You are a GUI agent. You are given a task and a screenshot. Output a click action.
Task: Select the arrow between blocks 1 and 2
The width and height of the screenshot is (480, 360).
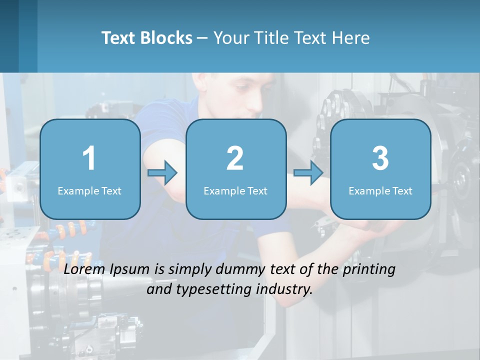click(163, 173)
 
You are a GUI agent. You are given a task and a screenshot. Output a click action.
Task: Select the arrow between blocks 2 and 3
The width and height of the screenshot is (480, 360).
click(308, 173)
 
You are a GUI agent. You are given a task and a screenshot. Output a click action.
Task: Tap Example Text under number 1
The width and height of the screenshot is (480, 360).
click(89, 190)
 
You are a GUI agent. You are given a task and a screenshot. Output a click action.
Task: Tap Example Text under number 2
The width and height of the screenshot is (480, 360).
click(235, 190)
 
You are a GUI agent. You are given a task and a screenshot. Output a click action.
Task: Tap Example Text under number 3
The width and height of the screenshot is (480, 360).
click(380, 190)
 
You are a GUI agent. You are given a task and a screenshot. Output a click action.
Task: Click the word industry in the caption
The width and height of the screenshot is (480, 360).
click(284, 289)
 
